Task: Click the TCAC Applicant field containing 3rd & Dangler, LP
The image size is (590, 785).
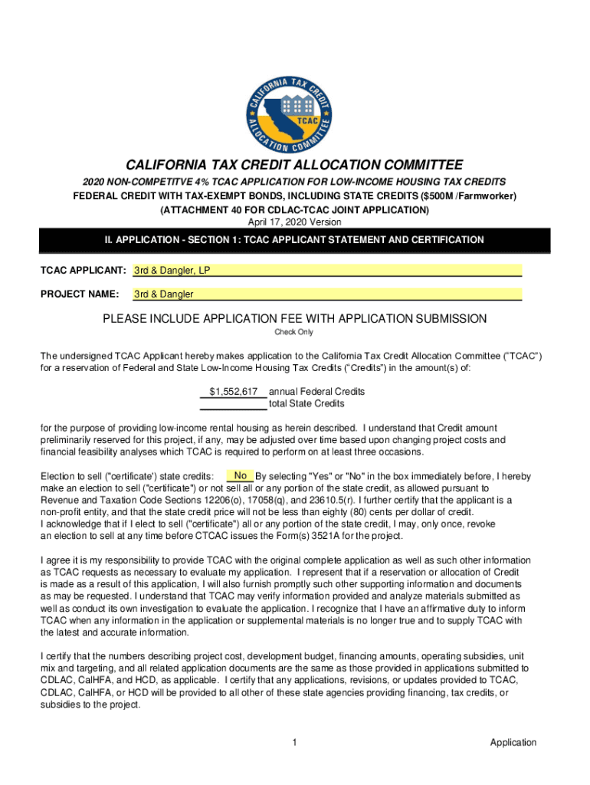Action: (x=327, y=271)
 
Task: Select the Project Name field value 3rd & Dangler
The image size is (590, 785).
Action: (x=327, y=294)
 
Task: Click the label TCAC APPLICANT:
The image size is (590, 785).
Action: (x=83, y=271)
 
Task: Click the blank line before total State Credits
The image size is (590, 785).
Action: (x=233, y=403)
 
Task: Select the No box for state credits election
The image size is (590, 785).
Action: (x=240, y=475)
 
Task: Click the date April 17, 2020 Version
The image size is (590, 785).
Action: (x=294, y=222)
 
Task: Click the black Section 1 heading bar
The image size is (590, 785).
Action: (x=294, y=240)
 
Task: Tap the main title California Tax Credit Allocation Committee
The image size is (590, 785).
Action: (x=294, y=165)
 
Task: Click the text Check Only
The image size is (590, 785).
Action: (x=294, y=332)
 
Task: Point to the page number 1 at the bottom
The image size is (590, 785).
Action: (x=294, y=742)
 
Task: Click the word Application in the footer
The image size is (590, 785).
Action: (x=513, y=742)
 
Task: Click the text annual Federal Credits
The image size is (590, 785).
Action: (x=316, y=391)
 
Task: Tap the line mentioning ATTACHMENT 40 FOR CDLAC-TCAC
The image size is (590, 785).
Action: (x=294, y=209)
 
